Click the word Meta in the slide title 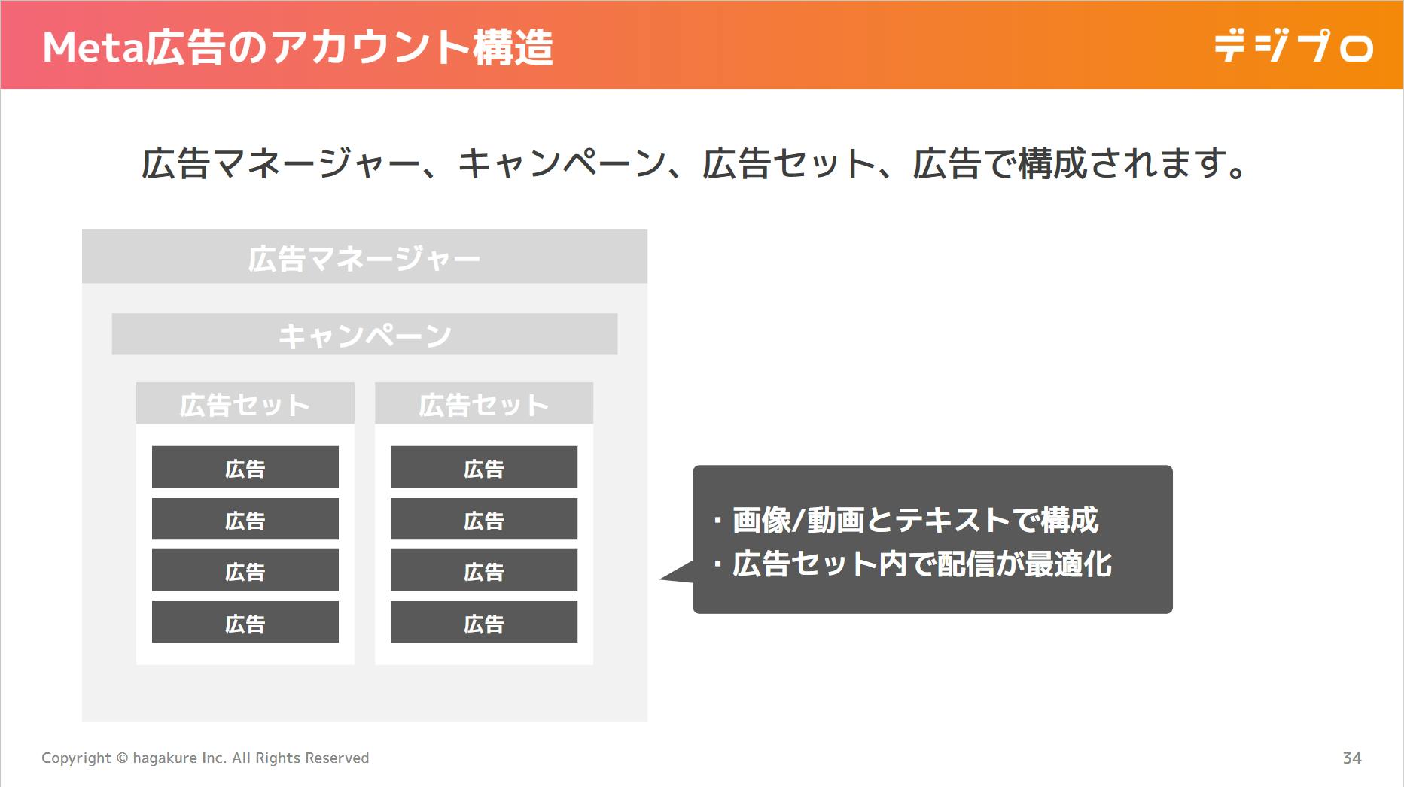click(x=93, y=47)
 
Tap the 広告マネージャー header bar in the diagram click(x=364, y=257)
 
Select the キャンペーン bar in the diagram click(x=364, y=334)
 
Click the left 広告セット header click(x=245, y=403)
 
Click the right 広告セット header click(x=484, y=403)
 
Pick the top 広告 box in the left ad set click(x=245, y=467)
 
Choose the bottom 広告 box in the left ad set click(x=245, y=622)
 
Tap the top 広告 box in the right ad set click(x=484, y=467)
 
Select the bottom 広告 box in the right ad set click(x=484, y=622)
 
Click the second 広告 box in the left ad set click(x=245, y=519)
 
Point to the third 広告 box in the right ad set click(x=484, y=570)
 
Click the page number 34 click(x=1352, y=758)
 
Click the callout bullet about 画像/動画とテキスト click(x=906, y=520)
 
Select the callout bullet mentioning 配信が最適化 click(x=912, y=564)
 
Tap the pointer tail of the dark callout click(x=662, y=578)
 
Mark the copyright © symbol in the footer click(x=122, y=758)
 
